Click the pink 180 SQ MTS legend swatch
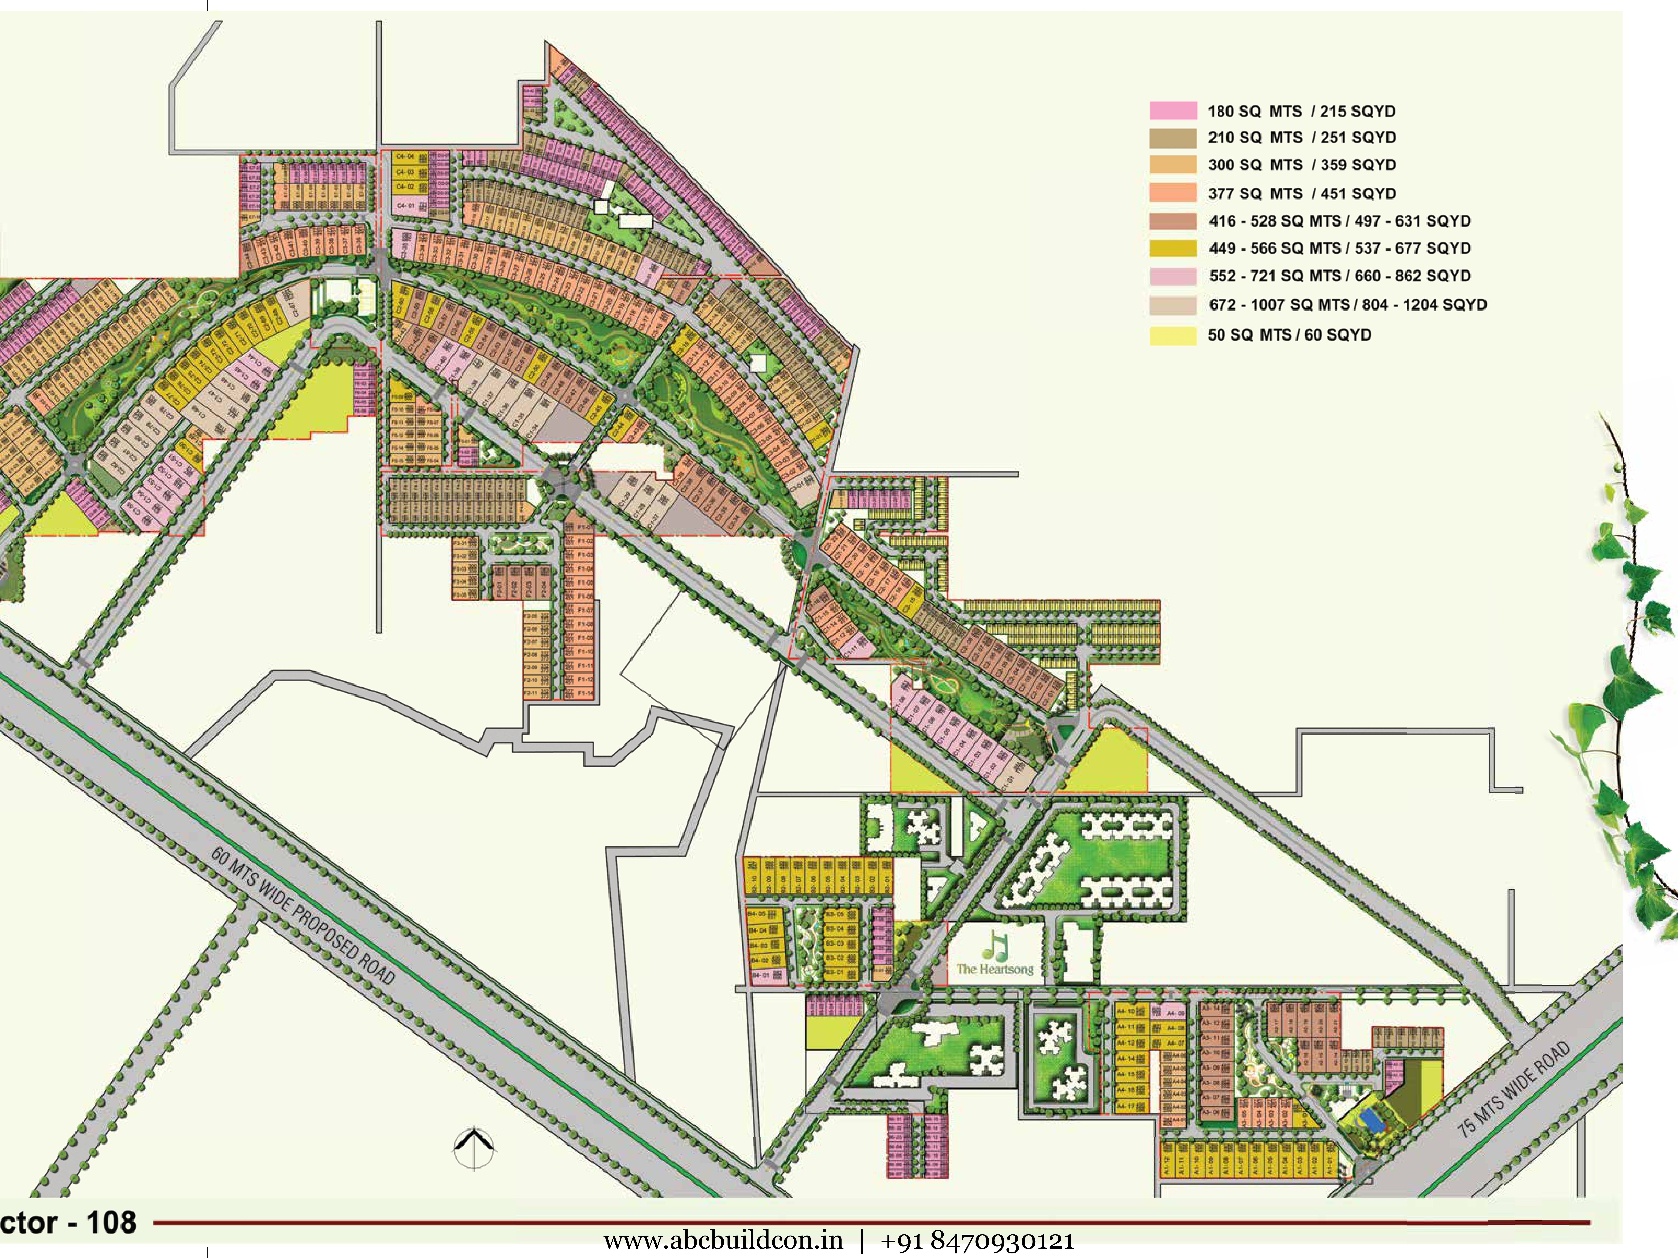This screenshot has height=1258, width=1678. (x=1173, y=111)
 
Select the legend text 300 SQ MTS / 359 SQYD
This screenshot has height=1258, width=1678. (x=1302, y=165)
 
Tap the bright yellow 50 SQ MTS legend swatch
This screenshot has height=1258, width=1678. (x=1173, y=335)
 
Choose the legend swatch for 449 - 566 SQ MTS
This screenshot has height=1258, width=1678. (x=1173, y=248)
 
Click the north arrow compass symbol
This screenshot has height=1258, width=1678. (x=474, y=1147)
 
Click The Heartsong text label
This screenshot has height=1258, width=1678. (x=994, y=969)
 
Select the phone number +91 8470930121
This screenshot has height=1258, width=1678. (x=977, y=1241)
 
